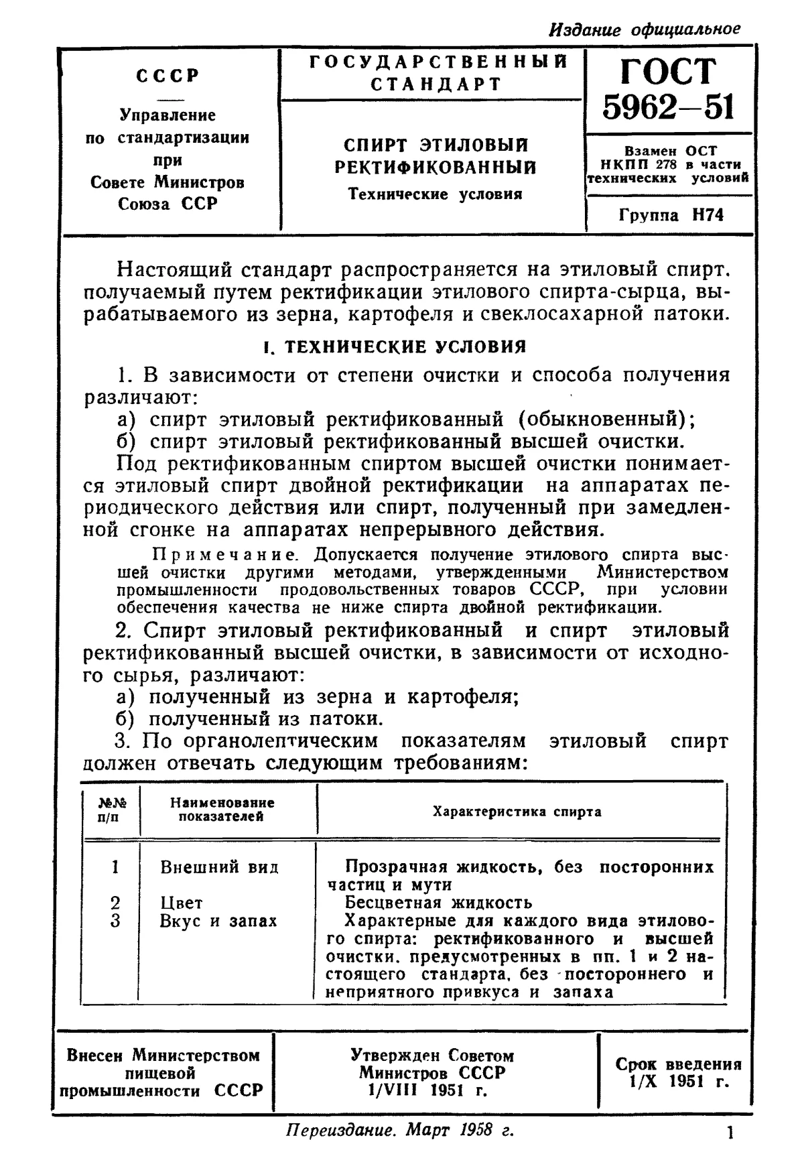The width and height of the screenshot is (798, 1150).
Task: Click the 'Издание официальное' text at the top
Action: point(644,29)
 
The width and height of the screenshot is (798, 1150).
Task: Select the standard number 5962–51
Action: point(668,107)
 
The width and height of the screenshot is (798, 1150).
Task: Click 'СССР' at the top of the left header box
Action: point(168,75)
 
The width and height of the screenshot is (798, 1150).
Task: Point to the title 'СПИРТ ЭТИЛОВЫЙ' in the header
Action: point(436,145)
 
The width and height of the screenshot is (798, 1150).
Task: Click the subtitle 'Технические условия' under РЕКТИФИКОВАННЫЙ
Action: point(435,194)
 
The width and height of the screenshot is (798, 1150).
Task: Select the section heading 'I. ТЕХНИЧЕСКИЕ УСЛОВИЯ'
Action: point(395,346)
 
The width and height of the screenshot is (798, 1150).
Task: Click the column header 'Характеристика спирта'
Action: point(517,812)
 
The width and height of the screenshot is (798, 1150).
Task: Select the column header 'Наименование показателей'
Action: point(222,809)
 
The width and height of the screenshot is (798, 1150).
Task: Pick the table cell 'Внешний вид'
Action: point(219,867)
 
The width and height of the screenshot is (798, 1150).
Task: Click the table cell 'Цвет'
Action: point(181,903)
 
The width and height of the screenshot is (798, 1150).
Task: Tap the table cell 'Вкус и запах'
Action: point(218,921)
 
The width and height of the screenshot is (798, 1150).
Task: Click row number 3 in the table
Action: point(115,921)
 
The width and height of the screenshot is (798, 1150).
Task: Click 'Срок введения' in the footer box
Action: point(678,1064)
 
